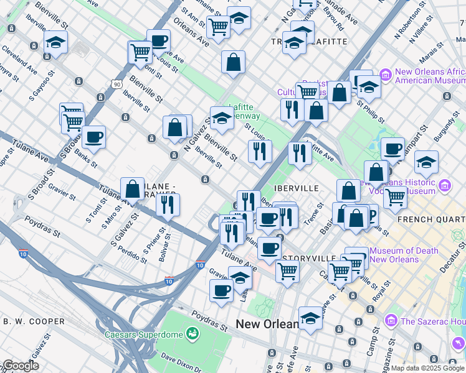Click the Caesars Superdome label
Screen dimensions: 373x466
pyautogui.click(x=147, y=334)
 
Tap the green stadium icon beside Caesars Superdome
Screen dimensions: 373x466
pyautogui.click(x=193, y=334)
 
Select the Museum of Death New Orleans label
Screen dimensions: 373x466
pyautogui.click(x=404, y=255)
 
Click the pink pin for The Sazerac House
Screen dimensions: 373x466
pyautogui.click(x=391, y=321)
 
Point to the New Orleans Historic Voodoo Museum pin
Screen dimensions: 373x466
pyautogui.click(x=445, y=185)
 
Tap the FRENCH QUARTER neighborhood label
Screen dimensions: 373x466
pyautogui.click(x=430, y=219)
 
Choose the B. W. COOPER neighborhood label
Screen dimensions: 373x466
pyautogui.click(x=34, y=321)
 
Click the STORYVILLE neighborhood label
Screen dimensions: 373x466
pyautogui.click(x=310, y=258)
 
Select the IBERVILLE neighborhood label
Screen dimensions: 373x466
pyautogui.click(x=297, y=188)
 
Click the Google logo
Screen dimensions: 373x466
pyautogui.click(x=21, y=366)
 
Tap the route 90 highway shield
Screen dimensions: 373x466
pyautogui.click(x=117, y=83)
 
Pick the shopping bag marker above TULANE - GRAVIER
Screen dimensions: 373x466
pyautogui.click(x=132, y=188)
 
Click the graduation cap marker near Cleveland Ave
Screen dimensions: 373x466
pyautogui.click(x=55, y=43)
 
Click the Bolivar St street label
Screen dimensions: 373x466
pyautogui.click(x=164, y=244)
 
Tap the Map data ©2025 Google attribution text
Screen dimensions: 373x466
pyautogui.click(x=427, y=368)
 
